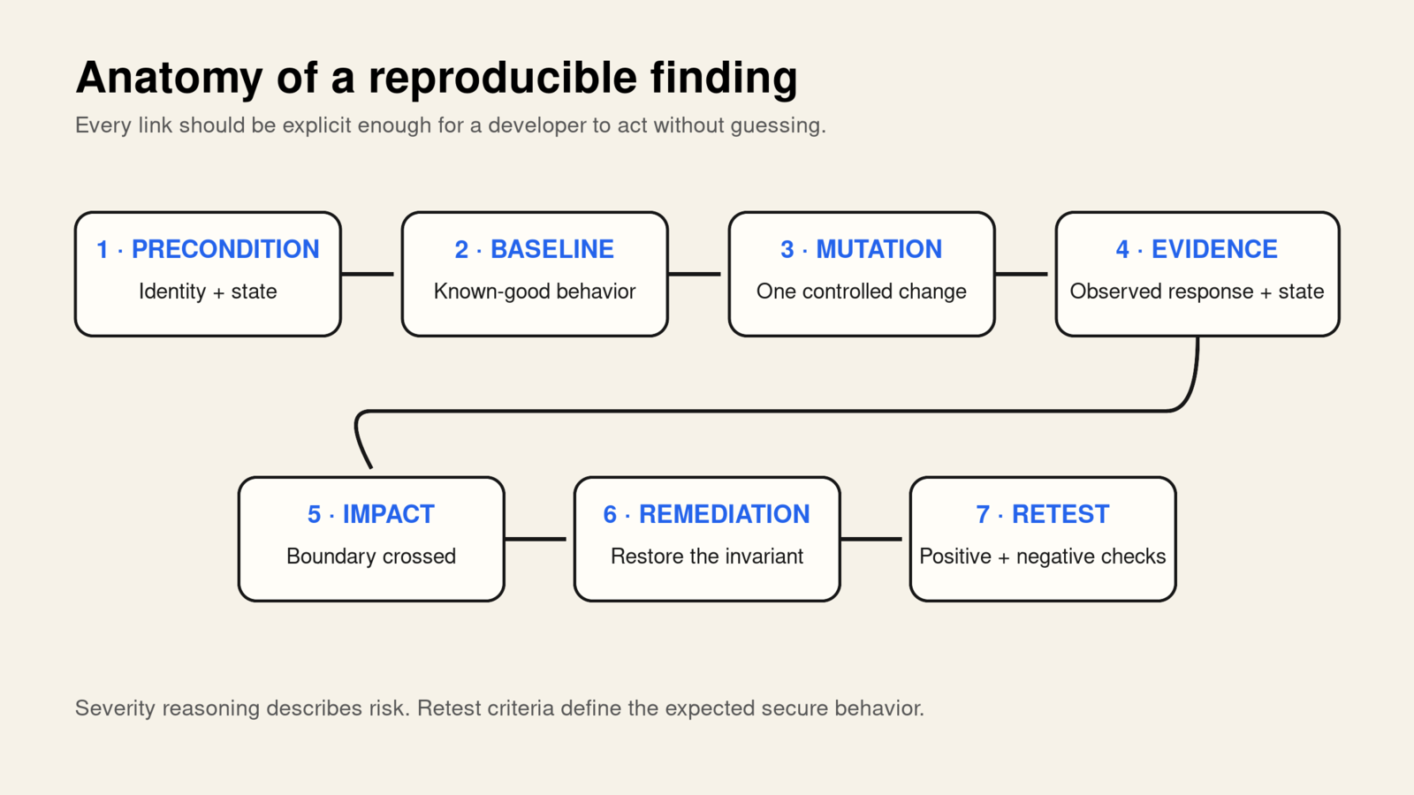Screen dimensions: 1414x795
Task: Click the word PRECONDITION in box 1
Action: [224, 249]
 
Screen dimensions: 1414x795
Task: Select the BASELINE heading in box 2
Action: [551, 249]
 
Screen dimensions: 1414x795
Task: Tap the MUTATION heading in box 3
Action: [878, 249]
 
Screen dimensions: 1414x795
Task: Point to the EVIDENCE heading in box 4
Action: [1214, 249]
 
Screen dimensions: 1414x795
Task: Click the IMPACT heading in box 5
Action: [388, 514]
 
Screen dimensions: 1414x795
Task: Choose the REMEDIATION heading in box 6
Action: [724, 514]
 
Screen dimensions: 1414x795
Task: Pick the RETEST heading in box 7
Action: [1060, 514]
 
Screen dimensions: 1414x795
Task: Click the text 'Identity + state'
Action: [208, 291]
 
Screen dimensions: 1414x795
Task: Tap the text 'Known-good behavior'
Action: [535, 291]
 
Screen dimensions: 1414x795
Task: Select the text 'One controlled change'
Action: [862, 291]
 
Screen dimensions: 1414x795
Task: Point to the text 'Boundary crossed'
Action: [371, 556]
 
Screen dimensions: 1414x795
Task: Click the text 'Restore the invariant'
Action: [707, 556]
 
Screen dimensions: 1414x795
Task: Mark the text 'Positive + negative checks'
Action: [1043, 556]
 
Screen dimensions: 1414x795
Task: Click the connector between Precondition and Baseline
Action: [368, 274]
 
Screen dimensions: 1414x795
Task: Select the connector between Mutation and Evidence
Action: [1022, 274]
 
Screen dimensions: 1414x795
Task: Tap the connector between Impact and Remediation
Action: [536, 539]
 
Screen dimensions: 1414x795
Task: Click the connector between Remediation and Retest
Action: [871, 539]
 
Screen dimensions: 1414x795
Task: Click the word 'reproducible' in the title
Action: [503, 79]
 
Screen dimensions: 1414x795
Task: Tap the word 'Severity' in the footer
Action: [115, 708]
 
